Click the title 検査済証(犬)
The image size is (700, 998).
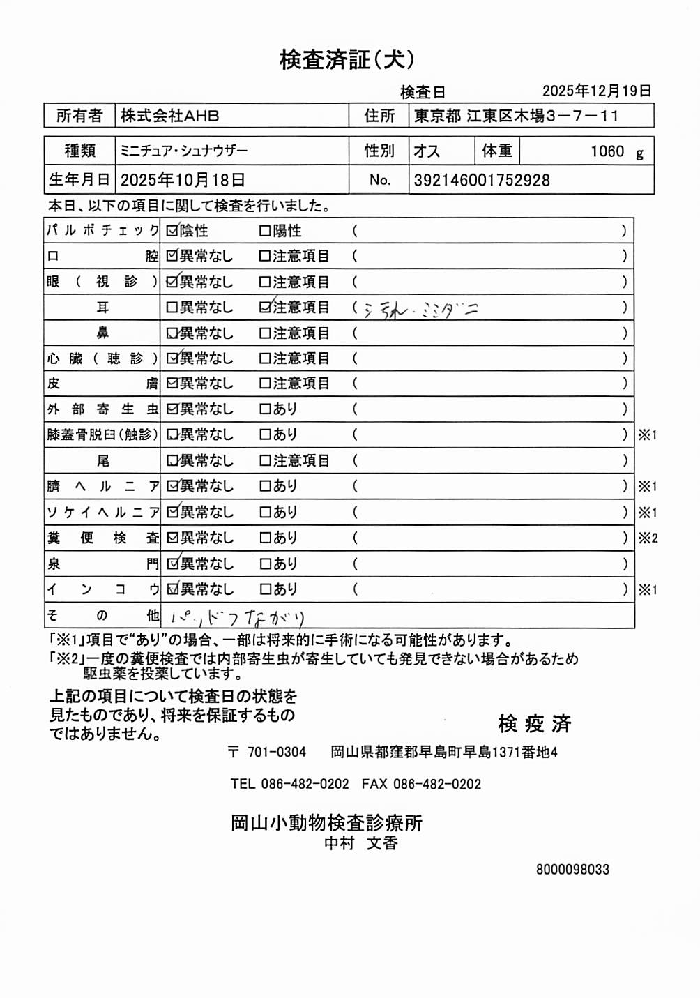tap(347, 60)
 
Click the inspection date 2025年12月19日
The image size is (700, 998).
tap(597, 91)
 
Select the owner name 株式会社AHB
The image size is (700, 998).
tap(169, 116)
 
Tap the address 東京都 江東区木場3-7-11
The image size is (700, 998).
tap(516, 116)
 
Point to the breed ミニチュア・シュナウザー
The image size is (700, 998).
tap(184, 151)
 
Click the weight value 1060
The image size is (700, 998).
tap(607, 151)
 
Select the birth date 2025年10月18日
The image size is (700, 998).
tap(183, 180)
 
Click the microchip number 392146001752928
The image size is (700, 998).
tap(482, 180)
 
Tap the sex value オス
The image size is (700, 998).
tap(427, 151)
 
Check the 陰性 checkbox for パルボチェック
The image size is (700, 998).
tap(172, 231)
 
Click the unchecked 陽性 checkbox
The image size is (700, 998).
tap(265, 231)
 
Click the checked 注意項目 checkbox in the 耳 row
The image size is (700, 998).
tap(265, 307)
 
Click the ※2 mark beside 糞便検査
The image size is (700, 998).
tap(648, 538)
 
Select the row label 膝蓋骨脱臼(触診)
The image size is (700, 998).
tap(102, 434)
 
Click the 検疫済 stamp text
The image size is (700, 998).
tap(535, 724)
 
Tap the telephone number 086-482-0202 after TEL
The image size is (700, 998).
tap(305, 784)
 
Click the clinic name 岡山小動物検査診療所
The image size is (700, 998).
tap(326, 823)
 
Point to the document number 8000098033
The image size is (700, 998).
tap(572, 870)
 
